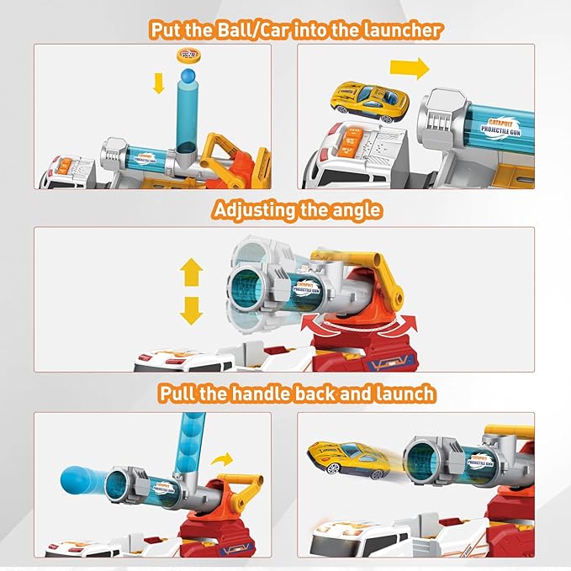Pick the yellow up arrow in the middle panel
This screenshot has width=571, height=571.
192,273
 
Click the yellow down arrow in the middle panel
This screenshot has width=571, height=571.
192,310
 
